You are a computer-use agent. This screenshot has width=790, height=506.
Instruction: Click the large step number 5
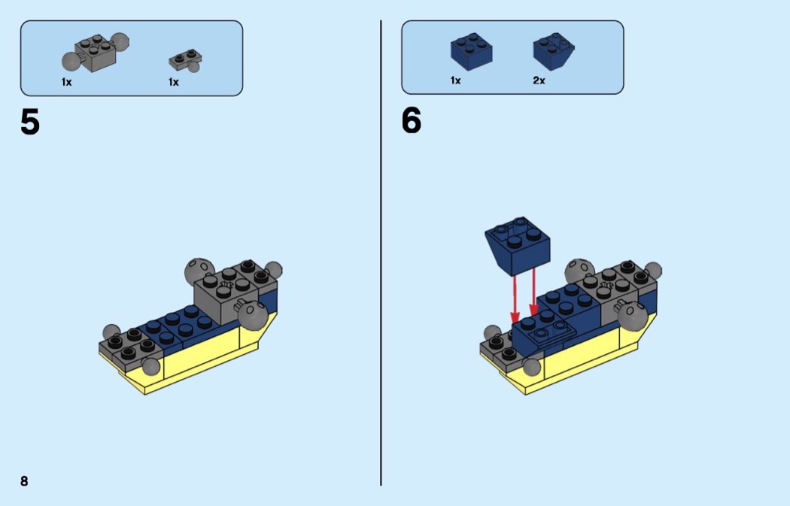click(30, 122)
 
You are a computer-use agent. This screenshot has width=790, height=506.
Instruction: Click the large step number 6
click(412, 120)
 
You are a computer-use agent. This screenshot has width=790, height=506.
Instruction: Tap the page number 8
click(24, 481)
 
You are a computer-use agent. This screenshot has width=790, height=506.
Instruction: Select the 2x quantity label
click(539, 80)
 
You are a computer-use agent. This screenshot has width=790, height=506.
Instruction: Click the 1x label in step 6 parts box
click(455, 80)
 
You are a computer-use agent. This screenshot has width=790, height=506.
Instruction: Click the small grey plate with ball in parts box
click(187, 59)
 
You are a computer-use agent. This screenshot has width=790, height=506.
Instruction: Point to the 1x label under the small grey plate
click(174, 82)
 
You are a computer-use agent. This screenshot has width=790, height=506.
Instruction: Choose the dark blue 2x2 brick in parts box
click(471, 51)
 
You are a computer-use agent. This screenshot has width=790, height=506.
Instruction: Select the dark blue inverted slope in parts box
click(554, 51)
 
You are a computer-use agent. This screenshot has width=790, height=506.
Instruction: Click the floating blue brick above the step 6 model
click(518, 245)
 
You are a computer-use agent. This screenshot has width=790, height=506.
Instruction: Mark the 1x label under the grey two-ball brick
click(67, 82)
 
